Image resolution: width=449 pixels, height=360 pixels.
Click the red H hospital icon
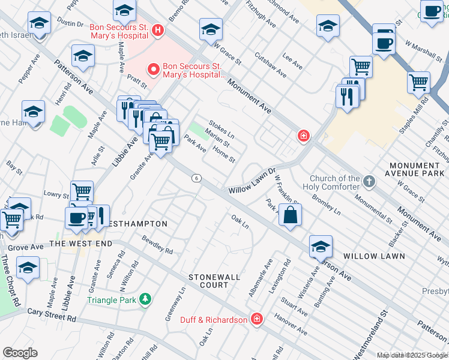157,29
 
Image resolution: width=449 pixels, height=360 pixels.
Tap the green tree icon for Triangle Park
144,299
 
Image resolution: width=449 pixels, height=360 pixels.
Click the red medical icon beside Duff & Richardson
257,319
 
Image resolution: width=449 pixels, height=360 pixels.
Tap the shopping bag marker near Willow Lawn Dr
290,215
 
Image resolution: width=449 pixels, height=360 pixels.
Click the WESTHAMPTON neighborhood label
138,224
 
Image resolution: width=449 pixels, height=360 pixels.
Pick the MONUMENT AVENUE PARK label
415,169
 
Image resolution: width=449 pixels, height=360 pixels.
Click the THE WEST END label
80,244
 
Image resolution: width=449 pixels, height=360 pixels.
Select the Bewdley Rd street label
157,244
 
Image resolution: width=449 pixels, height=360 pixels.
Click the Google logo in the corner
20,353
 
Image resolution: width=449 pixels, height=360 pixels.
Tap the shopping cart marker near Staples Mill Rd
418,82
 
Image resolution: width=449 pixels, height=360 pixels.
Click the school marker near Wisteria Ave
321,245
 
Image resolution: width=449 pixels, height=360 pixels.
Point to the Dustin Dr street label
71,24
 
